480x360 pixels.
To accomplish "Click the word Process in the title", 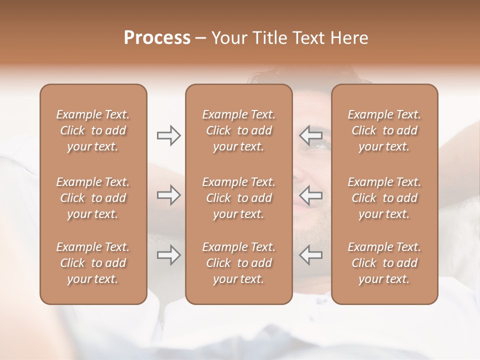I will (x=157, y=38).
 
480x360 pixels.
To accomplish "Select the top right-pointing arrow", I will (x=168, y=135).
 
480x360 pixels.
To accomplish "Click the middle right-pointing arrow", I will (x=168, y=195).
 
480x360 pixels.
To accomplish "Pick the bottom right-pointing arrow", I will (x=168, y=255).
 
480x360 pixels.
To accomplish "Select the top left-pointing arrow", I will (x=311, y=135).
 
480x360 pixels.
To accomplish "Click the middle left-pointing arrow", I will (x=311, y=195).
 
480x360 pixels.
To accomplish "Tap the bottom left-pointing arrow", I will (x=311, y=255).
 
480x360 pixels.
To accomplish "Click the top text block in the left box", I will (x=93, y=130).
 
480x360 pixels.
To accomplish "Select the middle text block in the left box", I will (x=93, y=198).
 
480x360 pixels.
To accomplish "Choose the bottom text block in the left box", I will (x=93, y=263).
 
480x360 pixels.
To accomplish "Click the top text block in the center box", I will (x=239, y=130).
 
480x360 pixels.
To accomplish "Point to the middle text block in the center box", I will (x=239, y=198).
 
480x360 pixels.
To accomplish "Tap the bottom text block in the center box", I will (x=239, y=263).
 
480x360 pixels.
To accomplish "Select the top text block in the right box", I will (x=384, y=130).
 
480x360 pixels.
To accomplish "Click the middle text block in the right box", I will (x=384, y=198).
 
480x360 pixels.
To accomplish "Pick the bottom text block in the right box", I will (x=384, y=263).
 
